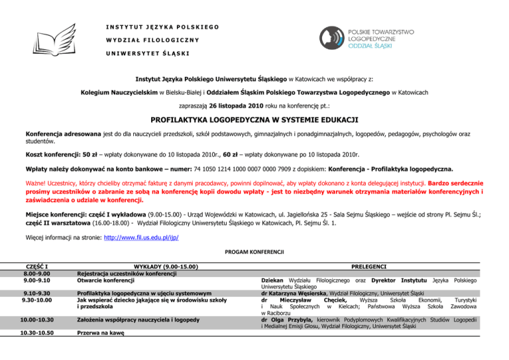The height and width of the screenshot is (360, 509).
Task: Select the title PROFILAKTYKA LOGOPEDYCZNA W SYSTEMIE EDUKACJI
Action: [x=254, y=121]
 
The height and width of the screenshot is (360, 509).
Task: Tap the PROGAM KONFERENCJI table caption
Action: [x=254, y=253]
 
